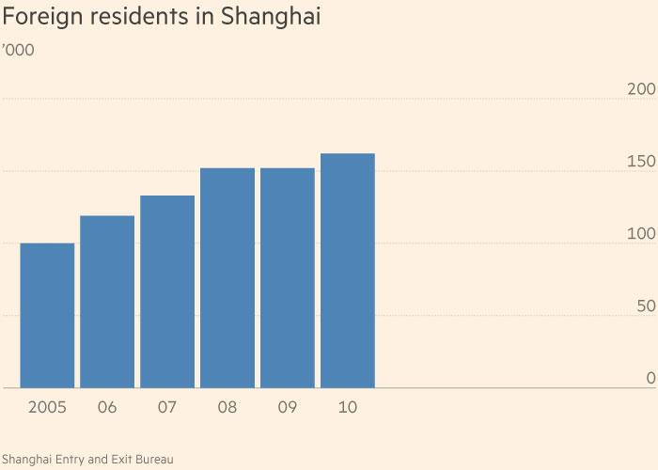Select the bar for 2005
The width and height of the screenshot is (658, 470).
click(47, 316)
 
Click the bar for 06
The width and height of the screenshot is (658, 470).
click(107, 302)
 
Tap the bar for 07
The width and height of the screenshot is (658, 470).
click(167, 291)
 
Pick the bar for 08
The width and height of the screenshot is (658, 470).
click(227, 278)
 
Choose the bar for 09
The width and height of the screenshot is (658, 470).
click(288, 278)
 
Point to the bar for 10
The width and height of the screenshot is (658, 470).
click(348, 271)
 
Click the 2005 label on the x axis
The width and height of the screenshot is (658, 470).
click(47, 408)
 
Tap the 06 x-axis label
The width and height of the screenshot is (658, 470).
click(107, 408)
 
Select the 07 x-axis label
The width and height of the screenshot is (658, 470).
click(167, 408)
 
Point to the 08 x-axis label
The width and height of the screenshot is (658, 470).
click(227, 408)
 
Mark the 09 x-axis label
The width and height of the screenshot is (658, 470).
click(288, 408)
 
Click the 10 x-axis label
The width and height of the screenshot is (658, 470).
click(348, 408)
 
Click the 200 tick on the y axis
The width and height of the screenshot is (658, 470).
click(640, 89)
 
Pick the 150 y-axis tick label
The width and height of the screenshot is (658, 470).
click(640, 162)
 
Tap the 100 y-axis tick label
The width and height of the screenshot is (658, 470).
click(640, 234)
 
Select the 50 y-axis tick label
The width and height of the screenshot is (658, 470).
click(645, 306)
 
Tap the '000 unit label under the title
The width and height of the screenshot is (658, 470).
click(20, 50)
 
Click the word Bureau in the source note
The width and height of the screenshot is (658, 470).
click(153, 459)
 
